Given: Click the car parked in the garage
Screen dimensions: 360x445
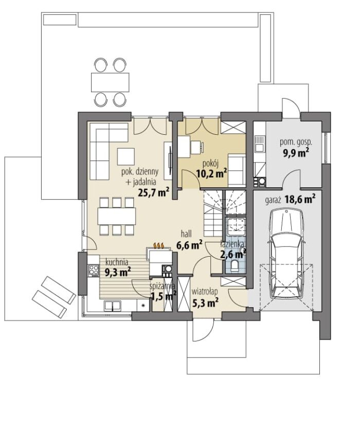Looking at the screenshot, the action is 286,254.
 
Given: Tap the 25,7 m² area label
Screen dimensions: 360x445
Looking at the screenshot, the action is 153,192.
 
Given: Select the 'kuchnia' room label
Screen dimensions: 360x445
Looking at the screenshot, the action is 117,262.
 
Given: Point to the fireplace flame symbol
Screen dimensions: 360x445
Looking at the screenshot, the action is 159,245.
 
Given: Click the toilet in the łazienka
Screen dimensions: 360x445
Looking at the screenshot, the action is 235,266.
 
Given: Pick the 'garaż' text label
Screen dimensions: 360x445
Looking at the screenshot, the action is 273,201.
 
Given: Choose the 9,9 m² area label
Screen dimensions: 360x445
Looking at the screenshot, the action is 296,153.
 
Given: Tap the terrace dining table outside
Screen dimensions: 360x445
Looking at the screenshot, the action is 110,82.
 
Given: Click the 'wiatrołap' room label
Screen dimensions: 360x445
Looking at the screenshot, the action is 205,292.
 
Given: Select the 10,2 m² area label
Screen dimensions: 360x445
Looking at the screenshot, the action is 212,173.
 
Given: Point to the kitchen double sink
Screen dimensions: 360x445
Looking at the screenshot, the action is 113,306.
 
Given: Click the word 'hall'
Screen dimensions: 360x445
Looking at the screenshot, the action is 186,234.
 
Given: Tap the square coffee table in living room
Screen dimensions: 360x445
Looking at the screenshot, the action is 125,156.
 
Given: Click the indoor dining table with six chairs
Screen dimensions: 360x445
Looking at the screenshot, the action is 117,216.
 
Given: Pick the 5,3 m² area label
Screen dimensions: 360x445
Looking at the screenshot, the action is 205,302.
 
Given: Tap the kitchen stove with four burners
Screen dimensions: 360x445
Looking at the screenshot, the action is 93,270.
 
